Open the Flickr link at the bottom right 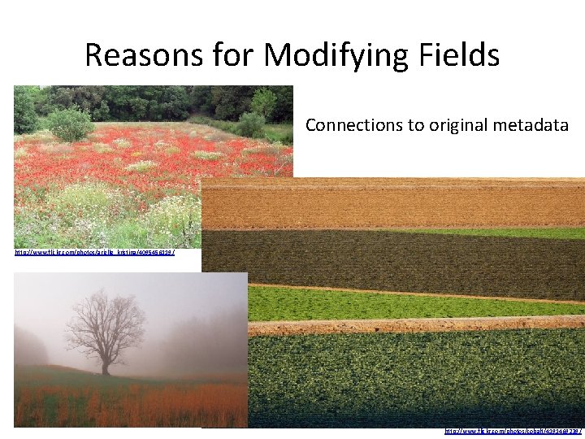pyautogui.click(x=513, y=431)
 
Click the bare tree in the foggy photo pyautogui.click(x=105, y=325)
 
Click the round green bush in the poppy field pyautogui.click(x=70, y=124)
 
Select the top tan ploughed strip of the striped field pyautogui.click(x=390, y=203)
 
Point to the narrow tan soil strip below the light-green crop pyautogui.click(x=406, y=324)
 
